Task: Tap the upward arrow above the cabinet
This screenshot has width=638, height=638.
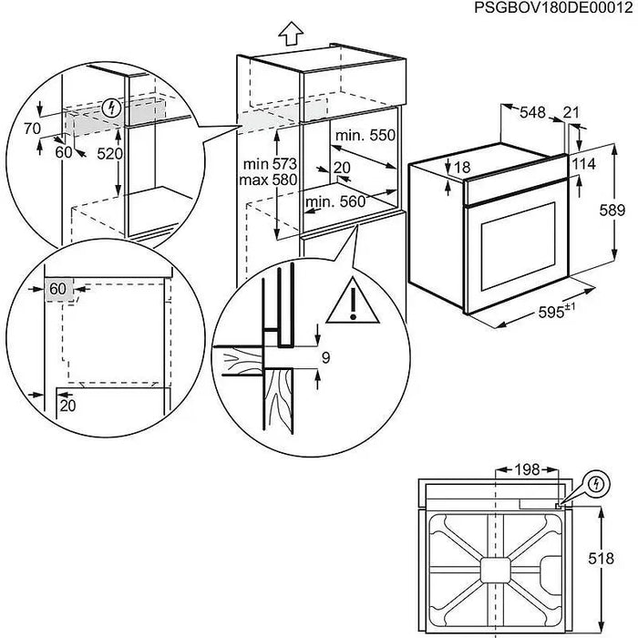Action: (290, 34)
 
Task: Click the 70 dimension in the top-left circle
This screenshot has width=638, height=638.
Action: (34, 129)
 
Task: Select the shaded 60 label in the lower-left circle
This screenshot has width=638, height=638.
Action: (58, 289)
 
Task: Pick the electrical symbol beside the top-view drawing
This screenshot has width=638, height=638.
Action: (596, 482)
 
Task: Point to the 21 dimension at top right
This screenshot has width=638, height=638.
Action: (571, 112)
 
